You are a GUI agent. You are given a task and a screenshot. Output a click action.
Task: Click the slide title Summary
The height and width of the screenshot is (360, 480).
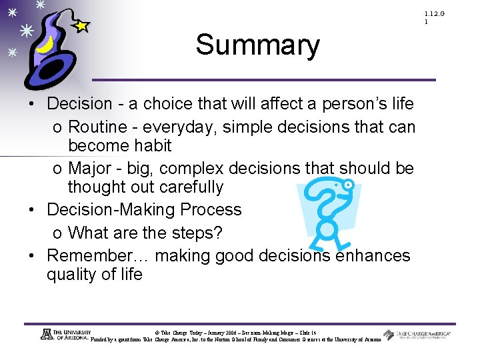coord(257,45)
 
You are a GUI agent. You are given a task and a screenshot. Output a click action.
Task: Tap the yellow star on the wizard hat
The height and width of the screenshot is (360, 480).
coord(81,27)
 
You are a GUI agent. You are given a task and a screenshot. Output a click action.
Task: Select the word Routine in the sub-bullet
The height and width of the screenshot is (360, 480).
coord(98,127)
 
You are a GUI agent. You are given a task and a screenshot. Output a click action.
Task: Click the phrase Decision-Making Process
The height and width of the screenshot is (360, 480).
coord(144,209)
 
